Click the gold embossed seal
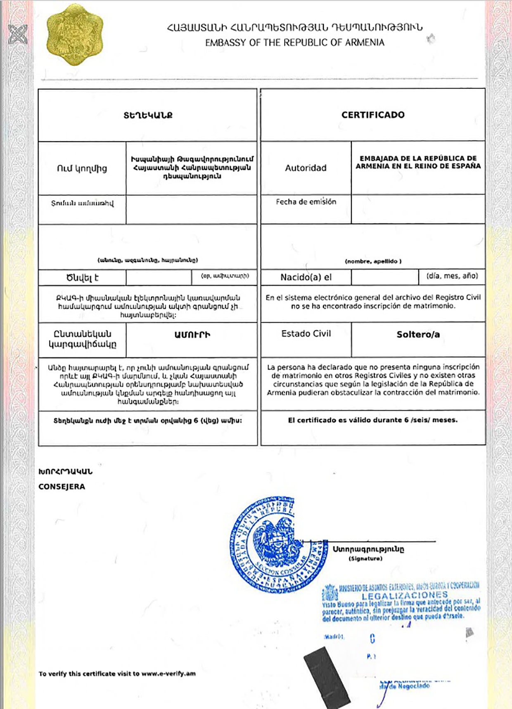tap(74, 35)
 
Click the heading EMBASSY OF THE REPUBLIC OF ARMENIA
tap(294, 43)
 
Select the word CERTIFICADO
tap(373, 115)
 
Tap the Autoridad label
tap(306, 168)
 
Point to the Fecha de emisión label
tap(306, 202)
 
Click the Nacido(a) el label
tap(306, 277)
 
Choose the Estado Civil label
tap(306, 333)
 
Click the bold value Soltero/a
tap(418, 335)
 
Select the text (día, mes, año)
tap(452, 276)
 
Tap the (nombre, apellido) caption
tap(373, 261)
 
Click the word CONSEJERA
tap(62, 487)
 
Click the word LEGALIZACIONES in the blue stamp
tap(405, 595)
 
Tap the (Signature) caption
tap(365, 559)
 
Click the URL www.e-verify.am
tap(168, 674)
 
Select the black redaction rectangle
tap(327, 677)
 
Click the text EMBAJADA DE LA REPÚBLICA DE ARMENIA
tap(418, 162)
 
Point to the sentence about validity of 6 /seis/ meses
tap(372, 420)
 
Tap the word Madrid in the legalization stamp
tap(334, 637)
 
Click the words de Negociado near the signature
tap(409, 686)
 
